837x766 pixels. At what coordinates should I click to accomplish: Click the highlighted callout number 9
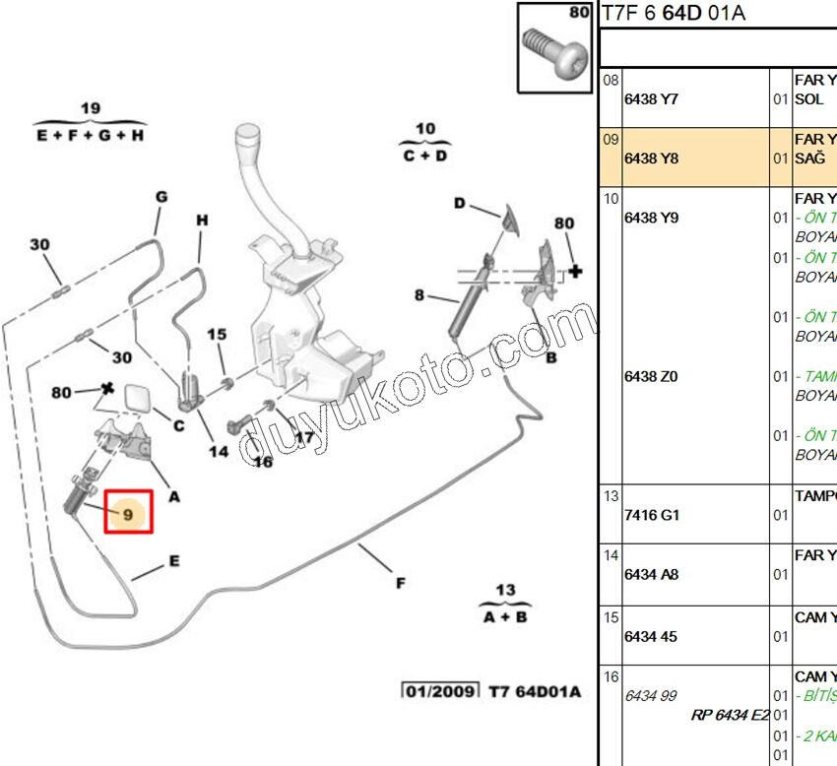(128, 513)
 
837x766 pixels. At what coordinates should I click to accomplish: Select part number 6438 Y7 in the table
(651, 99)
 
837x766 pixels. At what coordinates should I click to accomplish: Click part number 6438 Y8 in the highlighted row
(651, 159)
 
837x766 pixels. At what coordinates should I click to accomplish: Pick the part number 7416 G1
(651, 515)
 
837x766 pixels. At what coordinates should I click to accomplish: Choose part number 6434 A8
(651, 575)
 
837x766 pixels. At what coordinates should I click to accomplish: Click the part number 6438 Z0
(651, 376)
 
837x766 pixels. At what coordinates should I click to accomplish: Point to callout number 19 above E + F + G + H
(91, 108)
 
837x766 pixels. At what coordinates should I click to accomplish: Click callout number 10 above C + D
(424, 129)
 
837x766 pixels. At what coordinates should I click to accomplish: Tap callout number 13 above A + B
(505, 591)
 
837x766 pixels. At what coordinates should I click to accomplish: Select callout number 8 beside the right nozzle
(419, 294)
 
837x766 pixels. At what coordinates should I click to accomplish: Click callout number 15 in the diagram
(217, 336)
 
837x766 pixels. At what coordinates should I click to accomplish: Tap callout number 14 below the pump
(218, 451)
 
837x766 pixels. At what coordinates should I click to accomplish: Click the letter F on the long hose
(401, 584)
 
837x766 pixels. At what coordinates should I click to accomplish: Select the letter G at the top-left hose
(161, 198)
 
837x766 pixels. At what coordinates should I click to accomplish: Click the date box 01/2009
(439, 691)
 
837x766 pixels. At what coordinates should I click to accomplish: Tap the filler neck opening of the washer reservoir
(248, 133)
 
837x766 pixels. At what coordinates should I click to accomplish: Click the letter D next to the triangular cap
(459, 203)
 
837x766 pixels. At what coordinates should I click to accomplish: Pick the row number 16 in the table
(611, 676)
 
